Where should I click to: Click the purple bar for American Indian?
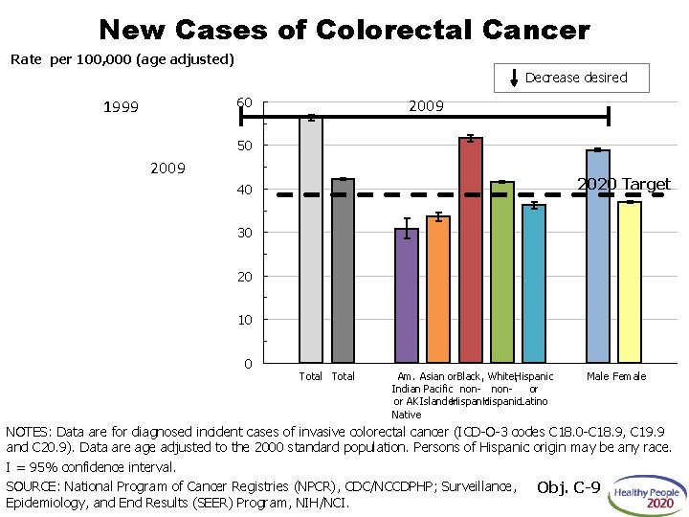tap(407, 296)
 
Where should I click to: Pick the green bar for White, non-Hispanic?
tap(501, 273)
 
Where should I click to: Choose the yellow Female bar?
tap(629, 282)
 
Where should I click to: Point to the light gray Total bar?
tap(311, 239)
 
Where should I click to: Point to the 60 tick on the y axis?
tap(245, 102)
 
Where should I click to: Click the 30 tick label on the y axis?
tap(245, 233)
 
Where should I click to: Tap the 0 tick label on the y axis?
tap(248, 364)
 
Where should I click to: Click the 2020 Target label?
tap(623, 184)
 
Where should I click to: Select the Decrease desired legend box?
tap(571, 78)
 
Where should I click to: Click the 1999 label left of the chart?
tap(121, 107)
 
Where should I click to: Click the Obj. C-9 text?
tap(568, 488)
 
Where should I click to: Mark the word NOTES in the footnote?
tap(29, 432)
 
